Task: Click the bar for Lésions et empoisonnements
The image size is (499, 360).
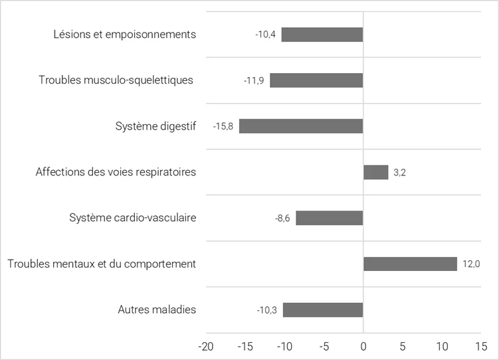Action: coord(322,35)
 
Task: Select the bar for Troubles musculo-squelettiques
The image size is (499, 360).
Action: coord(316,80)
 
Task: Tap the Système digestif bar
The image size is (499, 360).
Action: coord(301,126)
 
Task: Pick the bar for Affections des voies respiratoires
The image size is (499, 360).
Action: coord(375,172)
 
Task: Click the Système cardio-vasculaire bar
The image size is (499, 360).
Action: coord(330,218)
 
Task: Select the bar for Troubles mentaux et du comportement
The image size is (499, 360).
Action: coord(410,264)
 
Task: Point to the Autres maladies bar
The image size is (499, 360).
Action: coord(323,310)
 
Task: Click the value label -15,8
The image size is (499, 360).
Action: coord(223,126)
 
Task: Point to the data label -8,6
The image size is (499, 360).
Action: coord(283,218)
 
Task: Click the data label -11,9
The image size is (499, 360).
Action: coord(254,80)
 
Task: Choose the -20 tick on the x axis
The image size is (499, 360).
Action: coord(206,346)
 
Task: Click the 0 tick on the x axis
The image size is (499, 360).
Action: coord(363,346)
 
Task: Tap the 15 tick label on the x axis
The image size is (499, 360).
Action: coord(481,346)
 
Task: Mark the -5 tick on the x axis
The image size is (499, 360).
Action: coord(324,346)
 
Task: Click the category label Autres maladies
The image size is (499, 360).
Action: coord(157,310)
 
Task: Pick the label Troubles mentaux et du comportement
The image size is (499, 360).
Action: coord(102,264)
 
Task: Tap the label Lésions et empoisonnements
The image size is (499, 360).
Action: coord(125,35)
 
